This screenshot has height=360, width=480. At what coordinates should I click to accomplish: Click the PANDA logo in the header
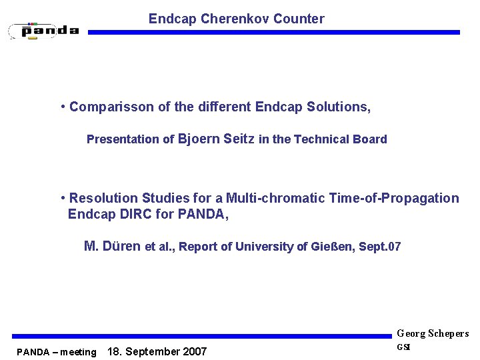click(x=44, y=30)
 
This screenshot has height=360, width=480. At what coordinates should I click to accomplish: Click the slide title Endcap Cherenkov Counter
click(x=236, y=19)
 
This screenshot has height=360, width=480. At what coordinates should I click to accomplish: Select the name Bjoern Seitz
click(x=217, y=139)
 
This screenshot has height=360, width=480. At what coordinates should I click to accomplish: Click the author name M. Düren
click(x=112, y=246)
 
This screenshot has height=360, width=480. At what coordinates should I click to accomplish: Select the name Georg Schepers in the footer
click(x=433, y=333)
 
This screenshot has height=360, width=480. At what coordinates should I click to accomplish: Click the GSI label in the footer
click(x=404, y=347)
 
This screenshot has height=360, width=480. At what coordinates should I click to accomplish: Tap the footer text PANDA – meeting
click(x=57, y=352)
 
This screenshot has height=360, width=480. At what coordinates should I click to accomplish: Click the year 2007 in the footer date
click(x=193, y=351)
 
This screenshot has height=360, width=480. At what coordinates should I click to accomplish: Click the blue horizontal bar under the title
click(x=273, y=32)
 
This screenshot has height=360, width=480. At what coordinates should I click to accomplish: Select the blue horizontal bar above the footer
click(x=200, y=337)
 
